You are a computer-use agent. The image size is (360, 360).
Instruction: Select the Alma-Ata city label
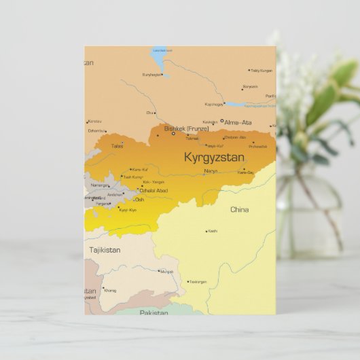[x=238, y=122]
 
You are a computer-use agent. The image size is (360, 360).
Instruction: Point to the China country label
[x=239, y=210]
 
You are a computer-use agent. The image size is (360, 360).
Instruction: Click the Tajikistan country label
[x=105, y=250]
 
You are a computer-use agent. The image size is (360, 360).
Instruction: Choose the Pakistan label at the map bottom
[x=154, y=312]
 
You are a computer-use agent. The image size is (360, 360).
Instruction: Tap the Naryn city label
[x=211, y=171]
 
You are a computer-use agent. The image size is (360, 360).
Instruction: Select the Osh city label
[x=139, y=200]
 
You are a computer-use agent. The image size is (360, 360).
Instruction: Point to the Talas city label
[x=118, y=145]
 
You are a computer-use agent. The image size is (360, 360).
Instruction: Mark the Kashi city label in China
[x=213, y=231]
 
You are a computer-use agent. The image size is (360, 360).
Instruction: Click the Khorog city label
[x=110, y=291]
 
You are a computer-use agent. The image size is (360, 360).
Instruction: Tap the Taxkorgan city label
[x=198, y=281]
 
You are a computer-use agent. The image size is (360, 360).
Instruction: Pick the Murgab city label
[x=167, y=272]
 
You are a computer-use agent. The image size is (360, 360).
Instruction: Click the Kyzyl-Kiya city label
[x=128, y=210]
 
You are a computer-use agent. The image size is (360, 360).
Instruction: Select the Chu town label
[x=149, y=113]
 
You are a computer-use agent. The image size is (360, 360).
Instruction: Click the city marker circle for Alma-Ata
[x=222, y=122]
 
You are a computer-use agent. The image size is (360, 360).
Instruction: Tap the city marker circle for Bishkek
[x=173, y=133]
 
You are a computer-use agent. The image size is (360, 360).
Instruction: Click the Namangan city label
[x=99, y=185]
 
